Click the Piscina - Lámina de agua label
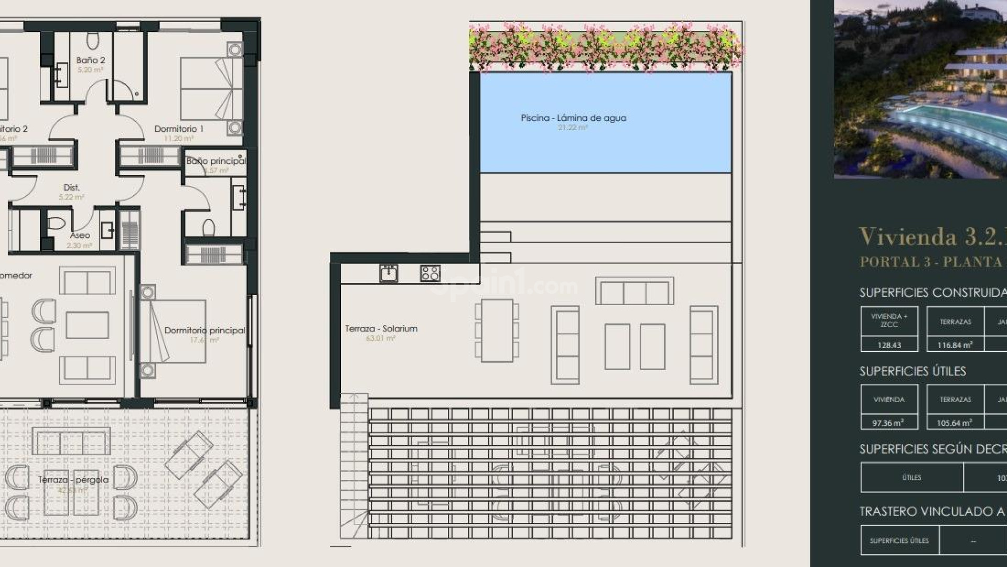(x=573, y=118)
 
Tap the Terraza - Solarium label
(x=381, y=329)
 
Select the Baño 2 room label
(x=90, y=60)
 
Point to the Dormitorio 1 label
(x=179, y=129)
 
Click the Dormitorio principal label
(x=205, y=330)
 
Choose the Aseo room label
(x=80, y=235)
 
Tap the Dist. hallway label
(x=71, y=187)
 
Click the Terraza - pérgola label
(x=73, y=480)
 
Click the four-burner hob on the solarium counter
(x=430, y=274)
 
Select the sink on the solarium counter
(x=389, y=274)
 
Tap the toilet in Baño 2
(x=92, y=40)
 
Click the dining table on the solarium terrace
(x=497, y=330)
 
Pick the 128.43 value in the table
(x=889, y=345)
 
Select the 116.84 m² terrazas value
(x=955, y=345)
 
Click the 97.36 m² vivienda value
(x=889, y=423)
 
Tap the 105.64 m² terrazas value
(x=955, y=423)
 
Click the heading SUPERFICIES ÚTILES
(x=913, y=371)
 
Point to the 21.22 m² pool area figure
(x=573, y=128)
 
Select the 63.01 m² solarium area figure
(x=381, y=338)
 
